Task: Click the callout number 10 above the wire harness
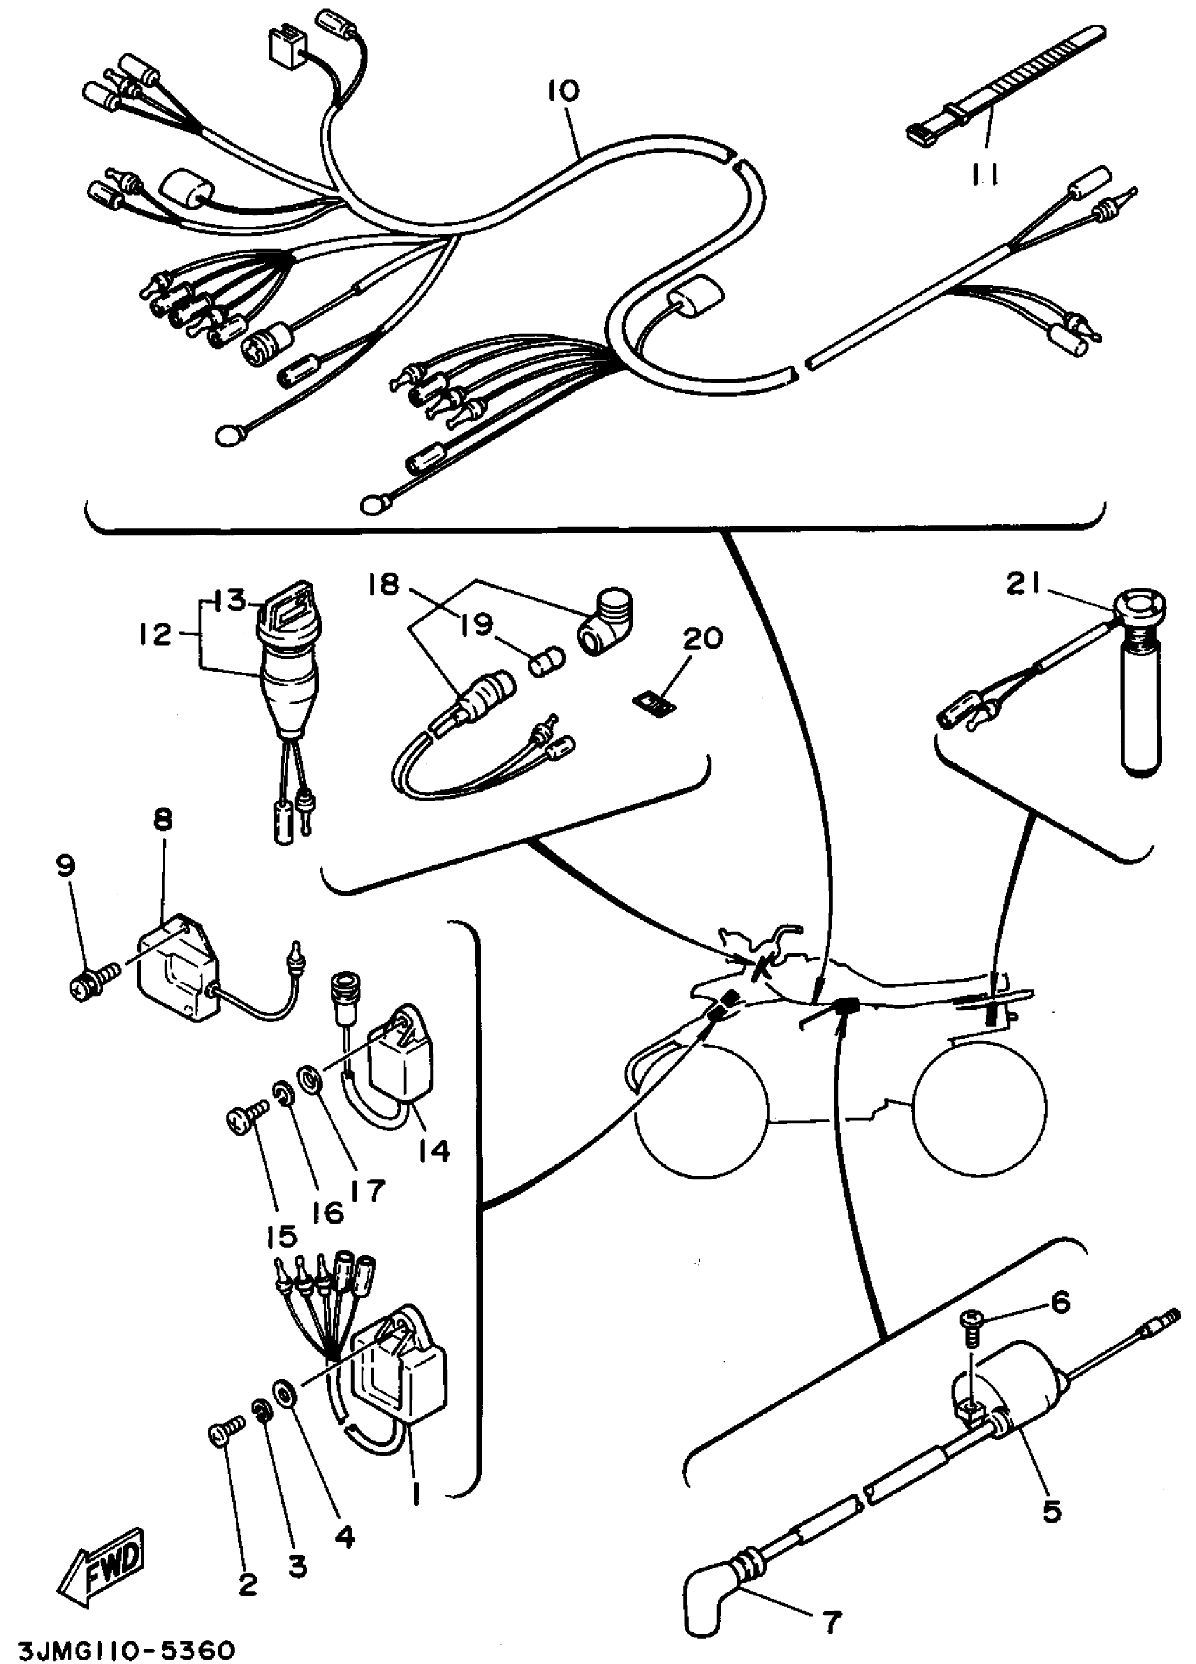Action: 563,91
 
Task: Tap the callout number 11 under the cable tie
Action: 986,174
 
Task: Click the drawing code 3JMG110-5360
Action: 117,1650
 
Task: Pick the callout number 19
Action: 478,625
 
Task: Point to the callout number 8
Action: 163,819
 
